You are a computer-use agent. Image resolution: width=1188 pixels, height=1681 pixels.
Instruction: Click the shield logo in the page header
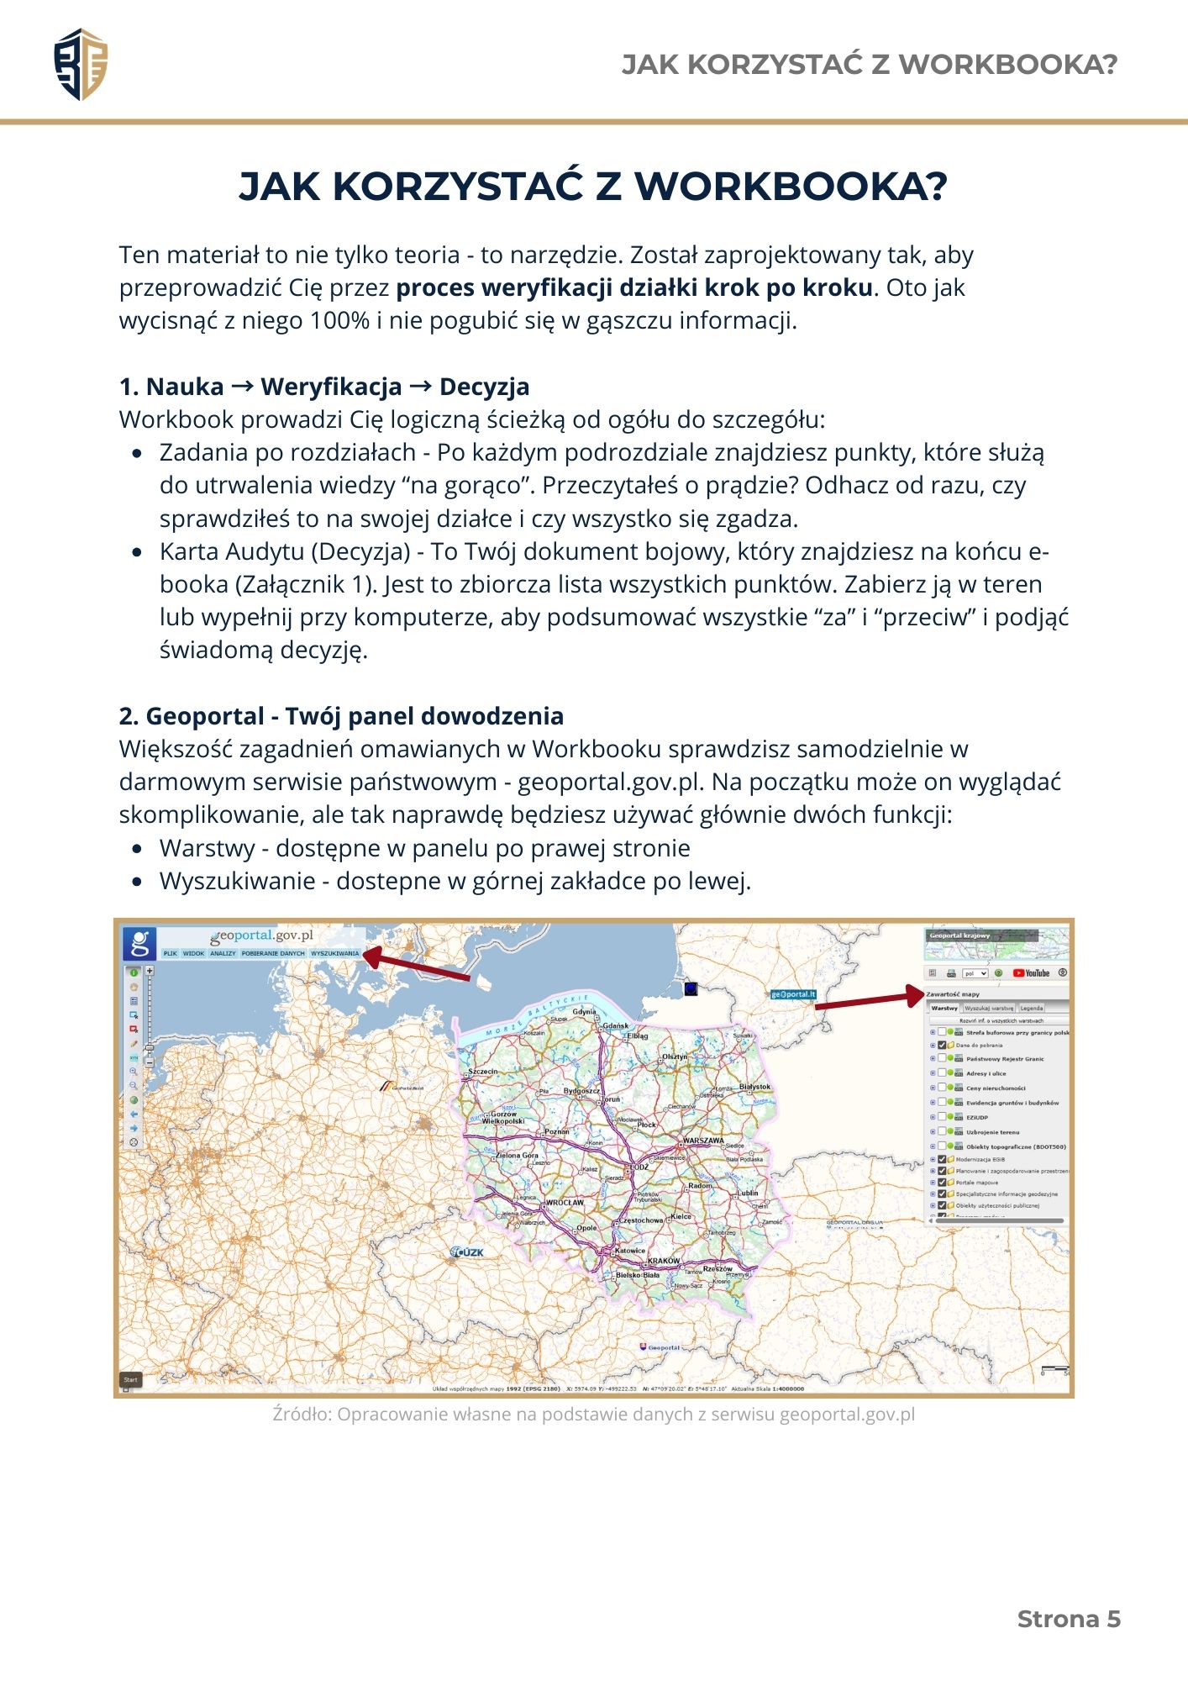coord(81,64)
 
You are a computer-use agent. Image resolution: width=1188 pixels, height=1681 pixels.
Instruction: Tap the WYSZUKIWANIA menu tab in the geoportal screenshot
coord(334,953)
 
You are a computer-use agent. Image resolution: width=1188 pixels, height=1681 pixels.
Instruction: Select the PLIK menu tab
coord(170,953)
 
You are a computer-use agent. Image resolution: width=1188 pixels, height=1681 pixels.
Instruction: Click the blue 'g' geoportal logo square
coord(139,943)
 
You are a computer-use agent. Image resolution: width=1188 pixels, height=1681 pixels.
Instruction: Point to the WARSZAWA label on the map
coord(703,1141)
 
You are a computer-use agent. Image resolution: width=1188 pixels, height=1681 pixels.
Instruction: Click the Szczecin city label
coord(483,1072)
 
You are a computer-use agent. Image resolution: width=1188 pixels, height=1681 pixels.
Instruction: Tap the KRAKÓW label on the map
coord(664,1261)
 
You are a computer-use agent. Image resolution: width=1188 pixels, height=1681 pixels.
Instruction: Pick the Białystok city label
coord(754,1087)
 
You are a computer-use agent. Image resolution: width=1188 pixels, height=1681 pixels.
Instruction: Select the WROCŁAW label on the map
coord(565,1203)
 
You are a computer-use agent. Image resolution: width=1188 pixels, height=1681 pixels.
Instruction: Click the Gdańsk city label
coord(615,1026)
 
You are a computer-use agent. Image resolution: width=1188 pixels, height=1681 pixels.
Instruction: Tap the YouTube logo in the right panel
coord(1031,973)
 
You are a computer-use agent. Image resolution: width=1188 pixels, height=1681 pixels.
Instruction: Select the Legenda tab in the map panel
coord(1031,1008)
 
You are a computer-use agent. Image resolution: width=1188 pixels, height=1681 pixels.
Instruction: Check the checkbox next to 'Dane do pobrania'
coord(942,1046)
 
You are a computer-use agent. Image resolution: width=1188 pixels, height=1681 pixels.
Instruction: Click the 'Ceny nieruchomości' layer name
coord(996,1088)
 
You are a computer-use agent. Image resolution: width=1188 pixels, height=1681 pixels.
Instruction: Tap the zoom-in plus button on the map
coord(150,971)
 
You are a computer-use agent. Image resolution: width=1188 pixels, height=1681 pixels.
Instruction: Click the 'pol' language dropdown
coord(975,973)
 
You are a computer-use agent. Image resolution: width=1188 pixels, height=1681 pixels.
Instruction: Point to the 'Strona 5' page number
coord(1069,1619)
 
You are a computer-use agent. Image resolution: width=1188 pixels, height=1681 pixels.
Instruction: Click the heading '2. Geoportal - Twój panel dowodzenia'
coord(341,716)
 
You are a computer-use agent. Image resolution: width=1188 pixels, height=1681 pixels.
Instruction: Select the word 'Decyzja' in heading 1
coord(484,387)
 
